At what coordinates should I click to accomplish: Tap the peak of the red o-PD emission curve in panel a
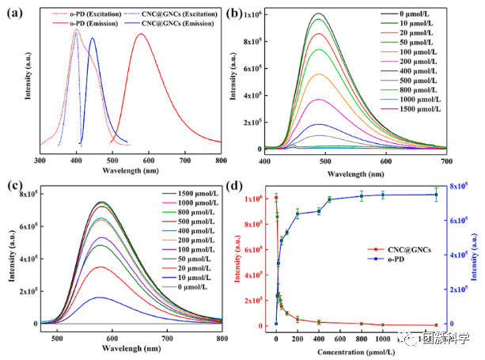[141, 34]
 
